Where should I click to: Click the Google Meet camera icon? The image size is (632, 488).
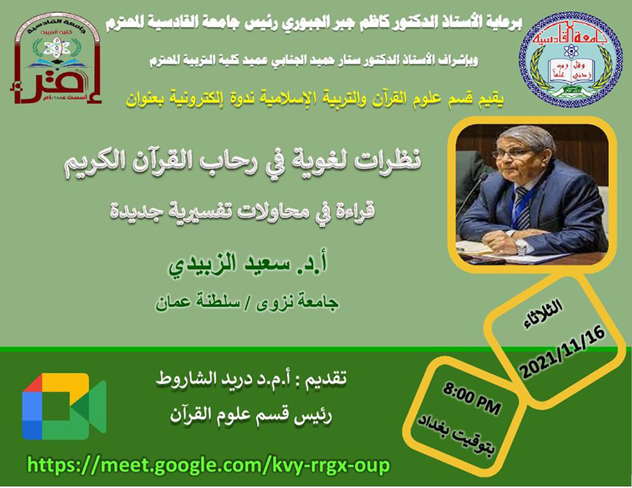[65, 406]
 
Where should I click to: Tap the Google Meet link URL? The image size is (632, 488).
[209, 466]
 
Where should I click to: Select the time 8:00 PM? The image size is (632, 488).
[472, 399]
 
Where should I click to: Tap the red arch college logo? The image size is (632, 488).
[56, 59]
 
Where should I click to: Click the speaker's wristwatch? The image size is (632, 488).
[522, 246]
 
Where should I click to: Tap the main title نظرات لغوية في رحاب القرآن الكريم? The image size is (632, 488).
[243, 162]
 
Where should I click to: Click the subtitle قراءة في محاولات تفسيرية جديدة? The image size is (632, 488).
[243, 212]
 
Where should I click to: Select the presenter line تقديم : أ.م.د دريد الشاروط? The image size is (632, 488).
[251, 380]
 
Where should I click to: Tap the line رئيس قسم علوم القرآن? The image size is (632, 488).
[251, 416]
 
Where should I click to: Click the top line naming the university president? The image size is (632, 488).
[314, 24]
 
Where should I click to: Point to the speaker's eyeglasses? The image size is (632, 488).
[508, 153]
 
